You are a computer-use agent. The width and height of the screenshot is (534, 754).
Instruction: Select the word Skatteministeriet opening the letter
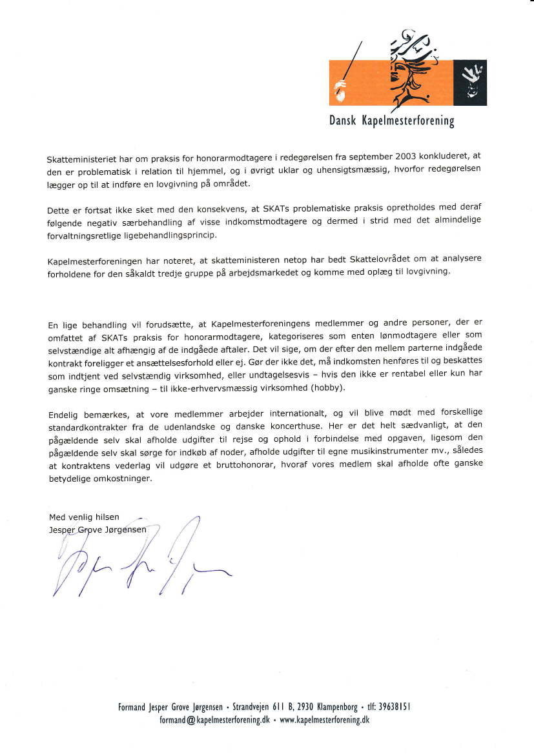(x=79, y=159)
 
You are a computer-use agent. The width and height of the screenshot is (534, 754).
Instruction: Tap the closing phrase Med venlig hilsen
(x=84, y=517)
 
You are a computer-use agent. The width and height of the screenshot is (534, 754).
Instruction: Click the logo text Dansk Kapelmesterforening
(x=392, y=121)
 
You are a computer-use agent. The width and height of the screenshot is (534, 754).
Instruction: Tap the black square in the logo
(x=469, y=83)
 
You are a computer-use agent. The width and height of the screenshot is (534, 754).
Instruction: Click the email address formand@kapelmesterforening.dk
(x=214, y=720)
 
